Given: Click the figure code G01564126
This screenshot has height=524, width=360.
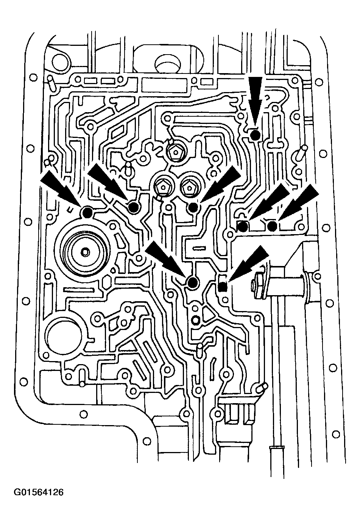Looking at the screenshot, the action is point(39,493).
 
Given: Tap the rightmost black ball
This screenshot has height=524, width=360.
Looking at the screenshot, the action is point(272,226).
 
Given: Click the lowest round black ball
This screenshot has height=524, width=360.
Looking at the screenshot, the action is point(193,283).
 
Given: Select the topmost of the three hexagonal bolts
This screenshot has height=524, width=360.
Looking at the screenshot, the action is point(175,152).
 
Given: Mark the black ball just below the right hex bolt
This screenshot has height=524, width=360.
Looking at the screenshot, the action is point(193,207).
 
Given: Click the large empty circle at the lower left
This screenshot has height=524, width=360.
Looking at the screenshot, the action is point(64,339).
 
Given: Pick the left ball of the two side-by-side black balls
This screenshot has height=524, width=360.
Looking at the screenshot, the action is point(243,226).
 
